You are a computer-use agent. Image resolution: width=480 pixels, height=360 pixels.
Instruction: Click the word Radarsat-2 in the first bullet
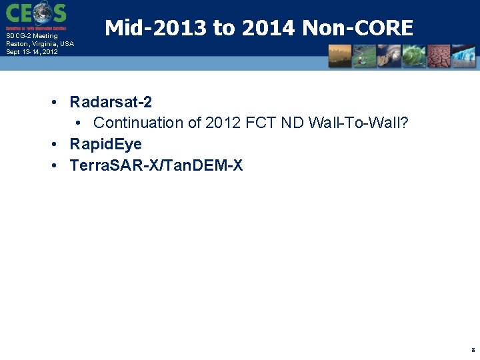click(111, 102)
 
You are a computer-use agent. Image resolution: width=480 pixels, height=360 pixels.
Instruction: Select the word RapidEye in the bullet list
click(105, 144)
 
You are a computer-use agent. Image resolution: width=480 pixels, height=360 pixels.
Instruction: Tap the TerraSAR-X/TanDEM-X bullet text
click(156, 165)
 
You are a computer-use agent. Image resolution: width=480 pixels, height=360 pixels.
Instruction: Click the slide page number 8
click(473, 349)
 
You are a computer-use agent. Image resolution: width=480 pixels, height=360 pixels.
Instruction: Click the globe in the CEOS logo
click(42, 13)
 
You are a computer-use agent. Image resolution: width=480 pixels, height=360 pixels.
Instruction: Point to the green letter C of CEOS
click(14, 13)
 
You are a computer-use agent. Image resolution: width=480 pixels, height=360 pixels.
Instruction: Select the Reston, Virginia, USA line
click(40, 44)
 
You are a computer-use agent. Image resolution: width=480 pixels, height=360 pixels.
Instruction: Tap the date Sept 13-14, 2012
click(32, 51)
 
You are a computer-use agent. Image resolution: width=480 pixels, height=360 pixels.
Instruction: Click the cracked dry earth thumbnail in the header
click(439, 56)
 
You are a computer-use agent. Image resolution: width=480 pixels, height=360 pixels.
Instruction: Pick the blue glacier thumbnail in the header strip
click(463, 56)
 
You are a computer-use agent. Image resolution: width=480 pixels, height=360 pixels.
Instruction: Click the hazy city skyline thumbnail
click(340, 56)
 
